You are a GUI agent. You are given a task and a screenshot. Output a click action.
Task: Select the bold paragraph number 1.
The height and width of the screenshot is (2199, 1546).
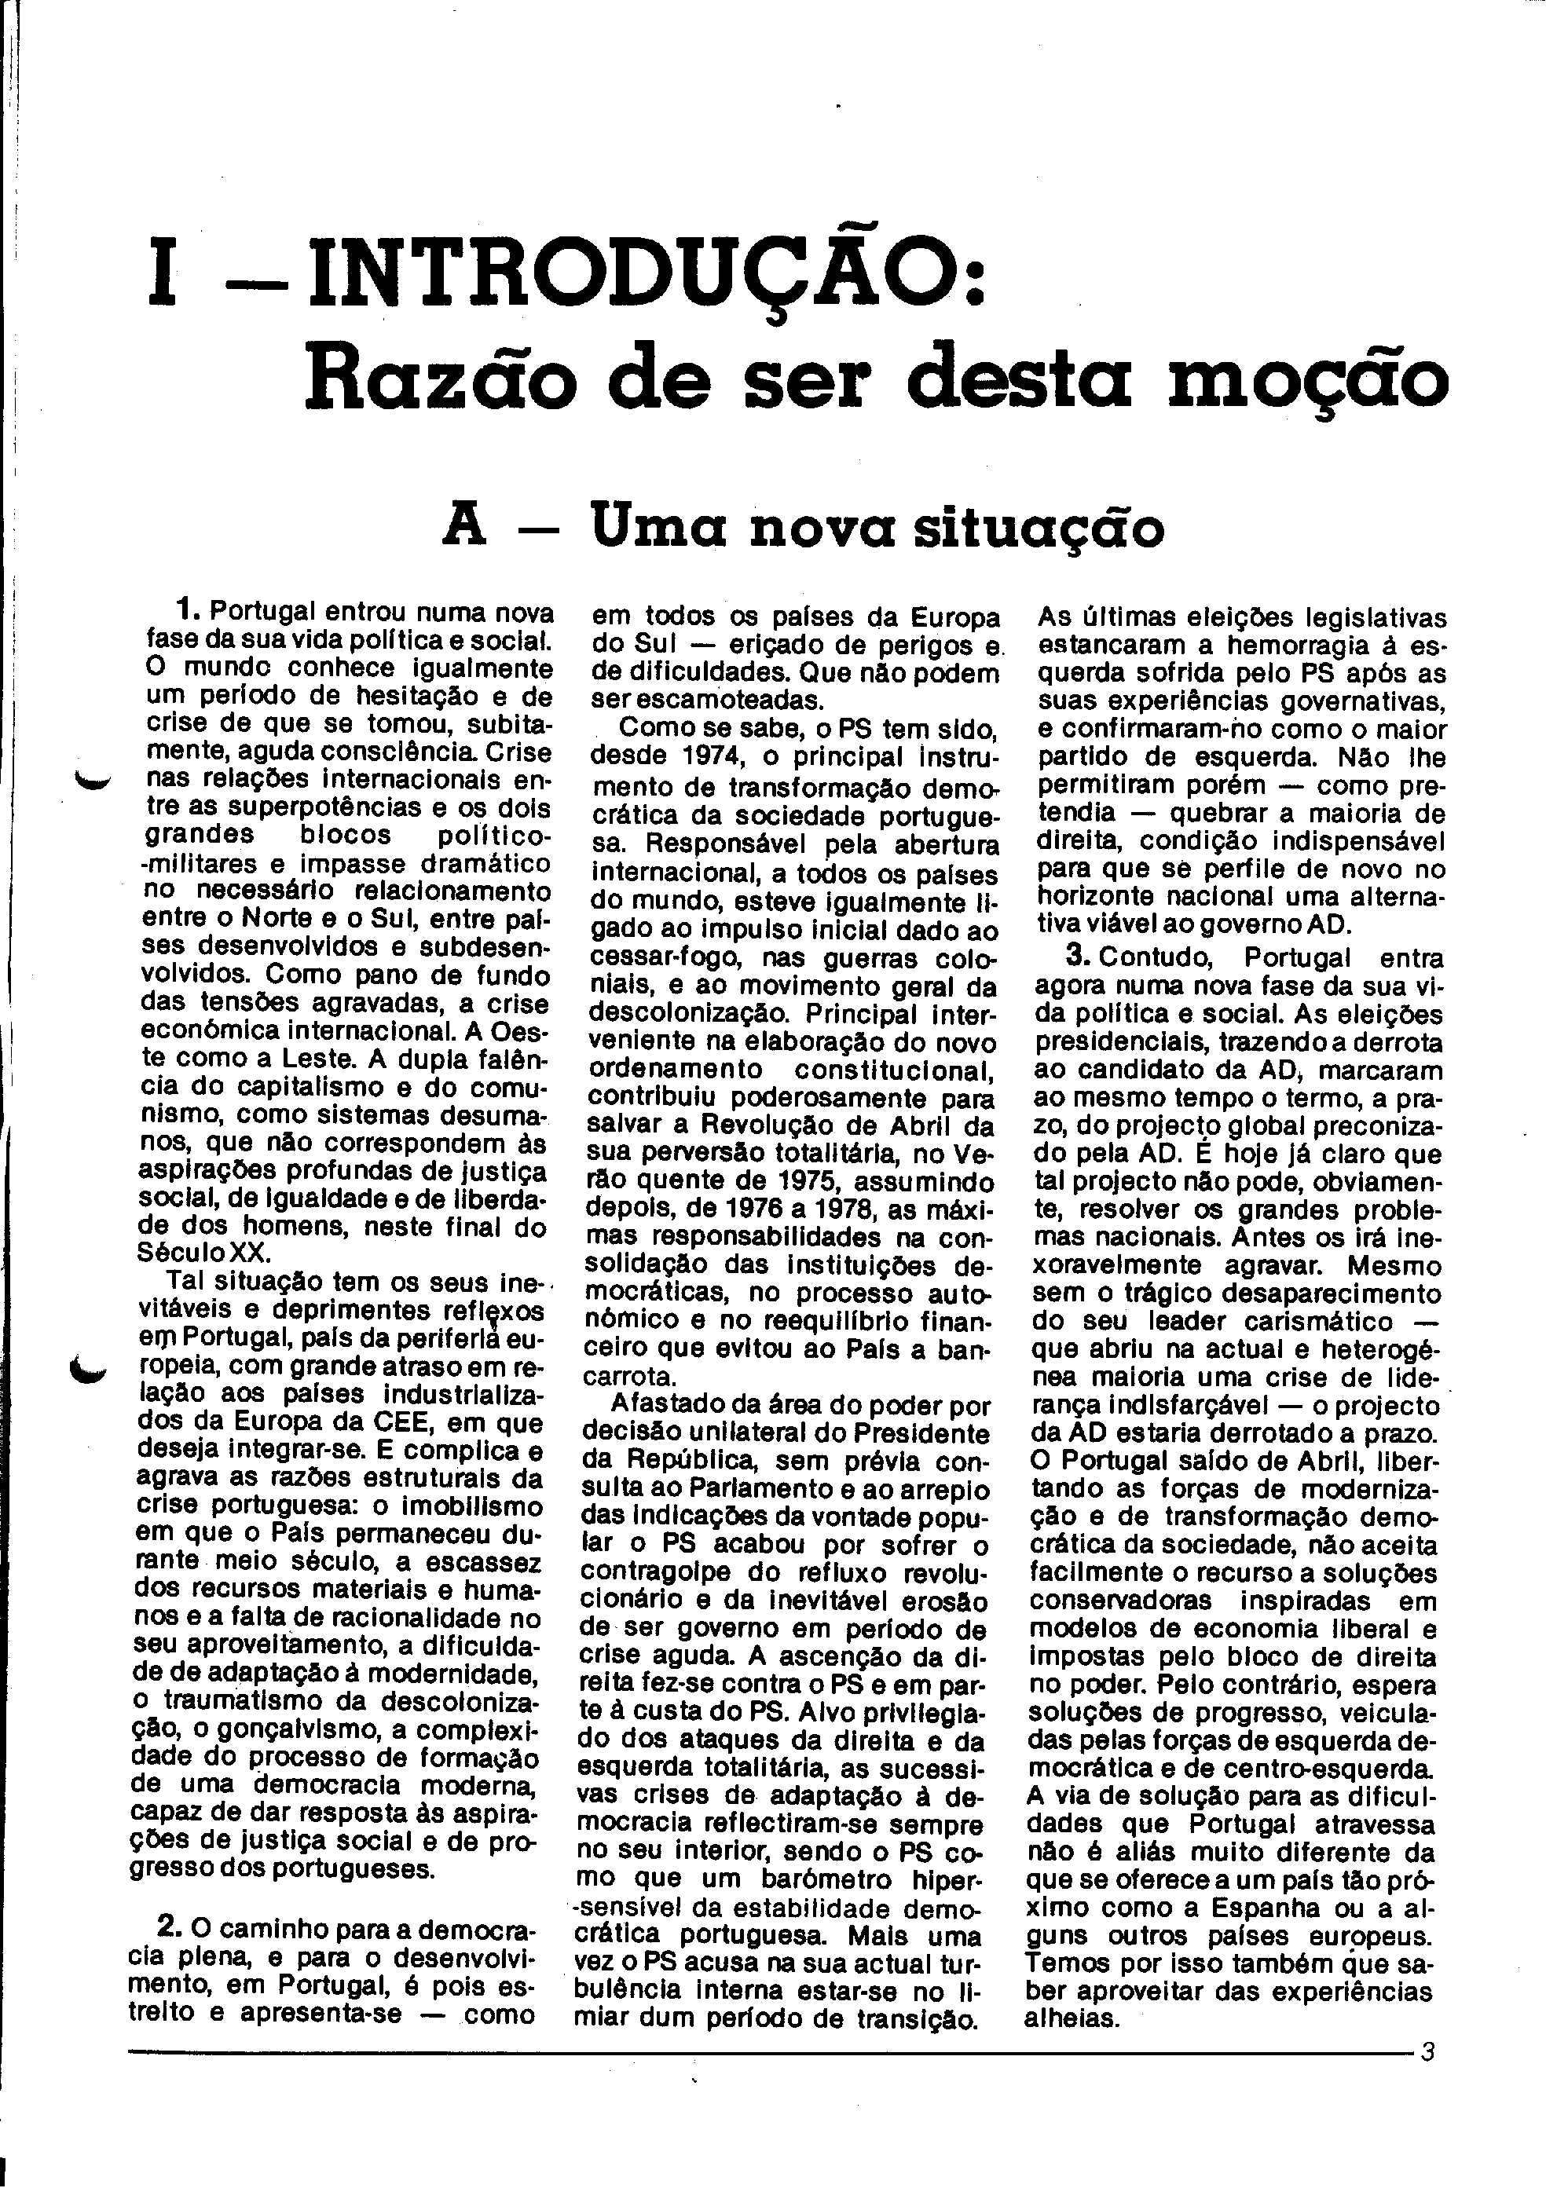188,610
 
